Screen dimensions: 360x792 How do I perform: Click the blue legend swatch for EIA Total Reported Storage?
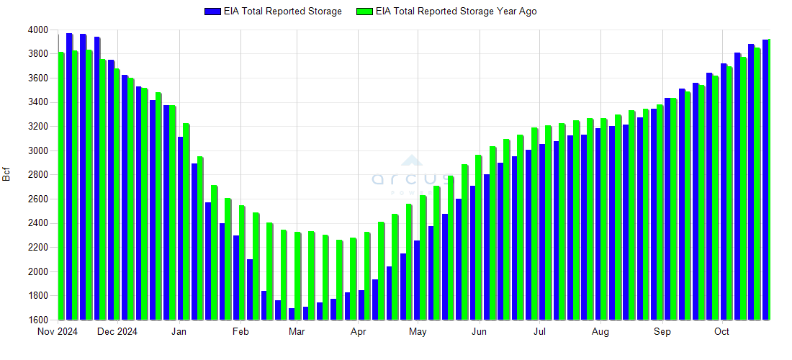[212, 12]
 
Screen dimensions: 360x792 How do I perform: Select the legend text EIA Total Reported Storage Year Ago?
[456, 12]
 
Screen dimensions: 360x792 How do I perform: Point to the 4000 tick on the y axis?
[39, 30]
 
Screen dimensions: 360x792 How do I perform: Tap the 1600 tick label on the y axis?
[39, 320]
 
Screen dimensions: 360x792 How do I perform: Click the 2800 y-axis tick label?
[39, 175]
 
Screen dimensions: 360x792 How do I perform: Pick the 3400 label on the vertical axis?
[39, 102]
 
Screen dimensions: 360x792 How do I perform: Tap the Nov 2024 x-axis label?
[57, 332]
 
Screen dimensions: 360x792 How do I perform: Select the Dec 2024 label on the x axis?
[117, 332]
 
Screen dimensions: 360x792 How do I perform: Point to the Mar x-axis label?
[297, 332]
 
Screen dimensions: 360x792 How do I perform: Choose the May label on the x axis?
[418, 332]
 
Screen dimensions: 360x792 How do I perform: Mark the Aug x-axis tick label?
[600, 332]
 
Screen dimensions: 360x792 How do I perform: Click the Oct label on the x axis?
[721, 332]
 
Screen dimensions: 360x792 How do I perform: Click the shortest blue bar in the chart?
[292, 314]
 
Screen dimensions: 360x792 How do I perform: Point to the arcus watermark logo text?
[411, 179]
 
